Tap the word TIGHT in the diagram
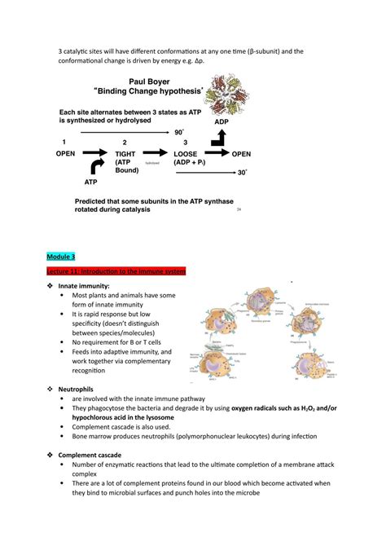tap(126, 153)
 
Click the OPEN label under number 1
tap(65, 153)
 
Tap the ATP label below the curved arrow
tap(90, 183)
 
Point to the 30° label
tap(242, 173)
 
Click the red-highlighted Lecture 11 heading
tap(111, 271)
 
